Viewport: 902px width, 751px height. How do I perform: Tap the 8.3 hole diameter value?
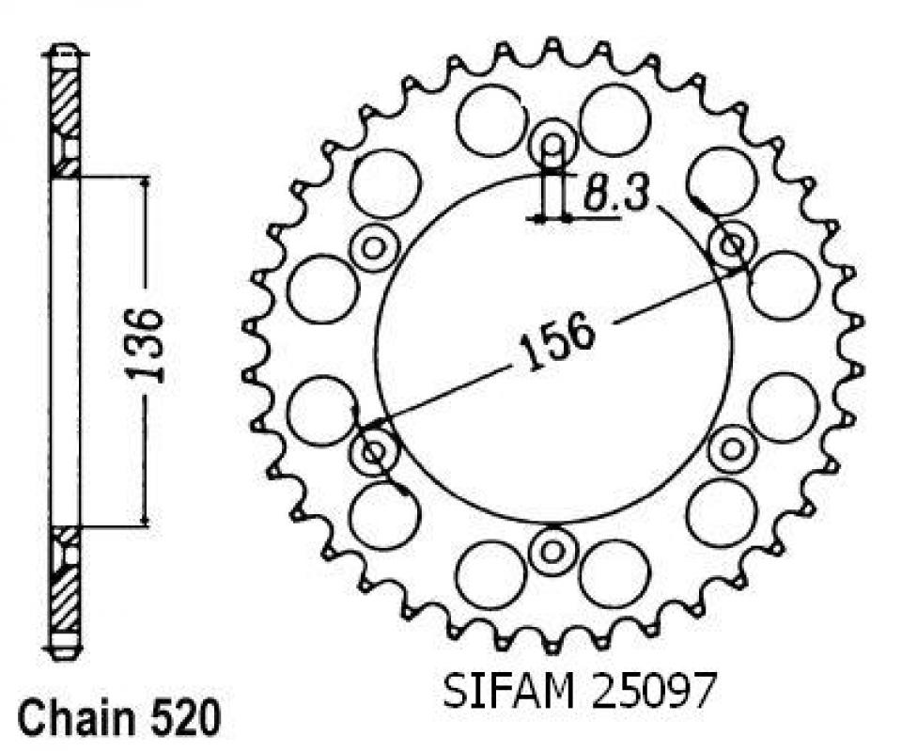pyautogui.click(x=613, y=195)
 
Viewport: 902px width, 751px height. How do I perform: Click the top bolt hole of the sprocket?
pyautogui.click(x=552, y=146)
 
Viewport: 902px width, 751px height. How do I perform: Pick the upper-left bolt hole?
pyautogui.click(x=374, y=248)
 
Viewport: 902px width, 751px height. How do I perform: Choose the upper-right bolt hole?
pyautogui.click(x=731, y=246)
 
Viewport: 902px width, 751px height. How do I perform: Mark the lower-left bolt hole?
pyautogui.click(x=374, y=452)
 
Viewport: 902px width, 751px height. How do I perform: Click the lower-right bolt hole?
pyautogui.click(x=731, y=448)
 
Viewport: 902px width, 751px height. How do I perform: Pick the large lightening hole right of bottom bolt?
pyautogui.click(x=614, y=574)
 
